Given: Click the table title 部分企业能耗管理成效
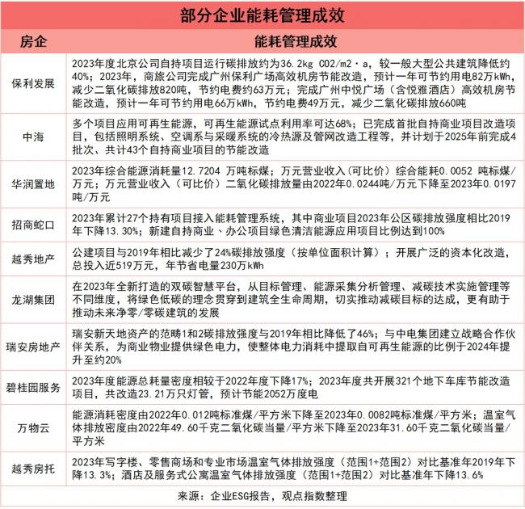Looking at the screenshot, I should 262,14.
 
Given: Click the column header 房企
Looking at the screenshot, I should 33,40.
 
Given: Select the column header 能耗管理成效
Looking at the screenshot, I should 293,40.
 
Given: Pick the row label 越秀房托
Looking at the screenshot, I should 33,469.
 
